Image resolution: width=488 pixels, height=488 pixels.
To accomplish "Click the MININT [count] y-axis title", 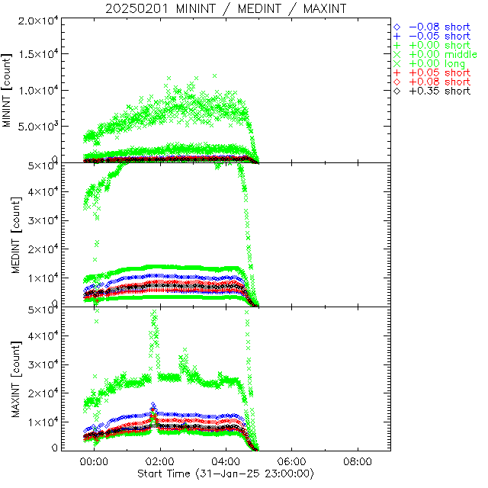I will pyautogui.click(x=7, y=90).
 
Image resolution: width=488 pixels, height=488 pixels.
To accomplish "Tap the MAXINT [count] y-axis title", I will pyautogui.click(x=7, y=378).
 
